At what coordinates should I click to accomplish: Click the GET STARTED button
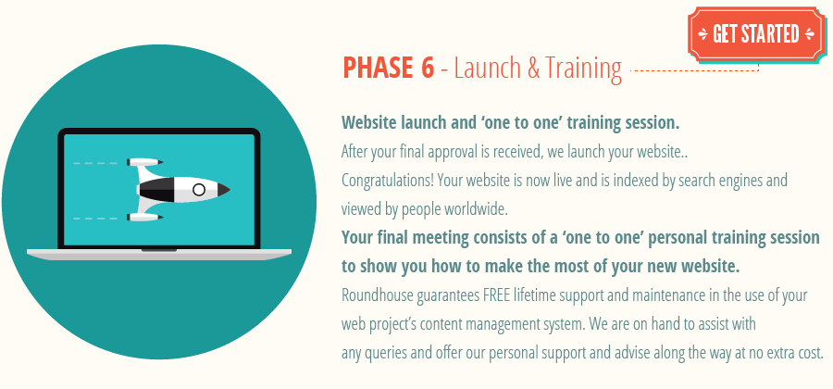coord(755,34)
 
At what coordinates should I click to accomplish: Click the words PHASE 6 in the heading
coord(388,69)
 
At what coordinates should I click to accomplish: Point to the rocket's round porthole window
coord(199,189)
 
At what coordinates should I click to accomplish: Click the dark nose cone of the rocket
coord(222,189)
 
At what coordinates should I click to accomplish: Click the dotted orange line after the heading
coord(694,69)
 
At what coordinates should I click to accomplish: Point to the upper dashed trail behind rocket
coord(96,163)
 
